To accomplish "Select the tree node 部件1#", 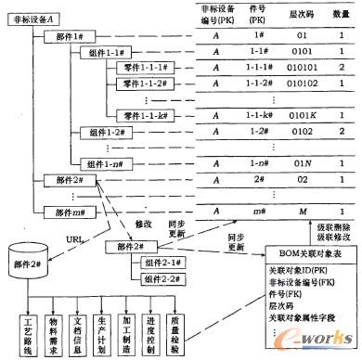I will (x=66, y=36).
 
